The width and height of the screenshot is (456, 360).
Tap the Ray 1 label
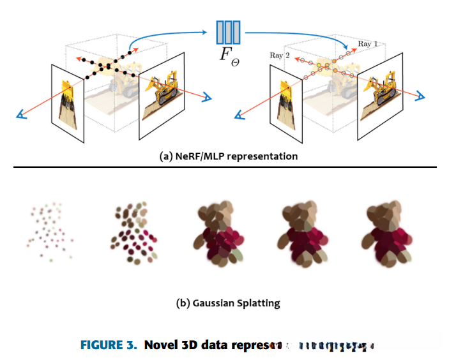[x=367, y=44]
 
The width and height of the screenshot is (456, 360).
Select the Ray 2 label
[x=280, y=56]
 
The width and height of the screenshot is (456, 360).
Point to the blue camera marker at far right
[x=422, y=96]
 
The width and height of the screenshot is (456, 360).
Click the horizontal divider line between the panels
[x=228, y=167]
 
